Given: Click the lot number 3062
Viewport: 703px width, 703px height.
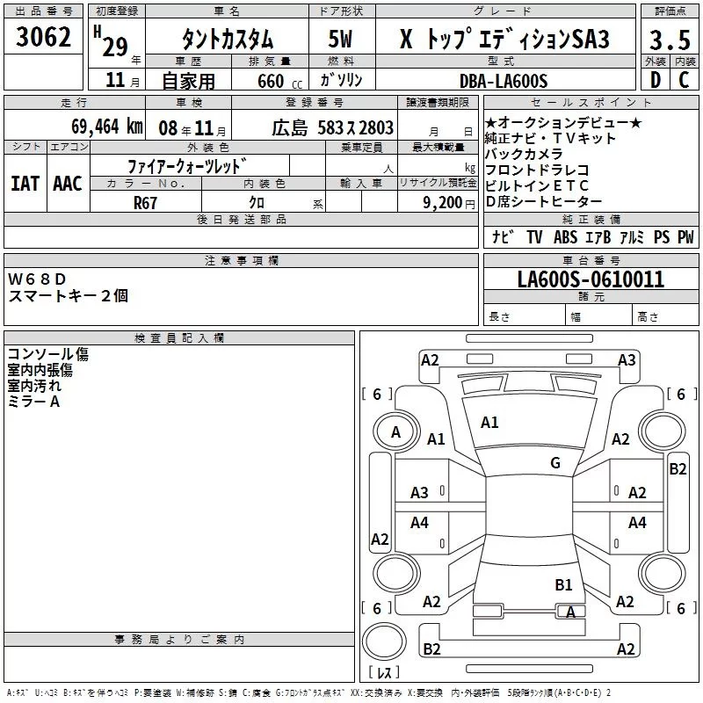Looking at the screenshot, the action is (x=44, y=38).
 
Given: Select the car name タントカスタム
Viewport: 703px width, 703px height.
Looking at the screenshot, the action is (x=227, y=40).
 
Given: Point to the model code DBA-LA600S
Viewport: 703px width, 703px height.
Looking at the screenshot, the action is (x=504, y=81).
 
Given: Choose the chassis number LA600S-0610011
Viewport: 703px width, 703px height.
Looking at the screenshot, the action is (x=591, y=280).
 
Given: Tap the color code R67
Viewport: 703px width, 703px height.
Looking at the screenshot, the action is (x=145, y=203).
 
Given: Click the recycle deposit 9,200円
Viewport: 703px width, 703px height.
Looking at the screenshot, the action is (x=448, y=203).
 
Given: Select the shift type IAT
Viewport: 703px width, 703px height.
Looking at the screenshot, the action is (x=25, y=184).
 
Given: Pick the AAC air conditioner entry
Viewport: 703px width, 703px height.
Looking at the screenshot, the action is (x=67, y=184).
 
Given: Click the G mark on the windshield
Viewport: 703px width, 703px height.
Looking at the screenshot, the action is (x=555, y=463).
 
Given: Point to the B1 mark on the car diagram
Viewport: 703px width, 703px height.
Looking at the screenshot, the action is (x=563, y=584).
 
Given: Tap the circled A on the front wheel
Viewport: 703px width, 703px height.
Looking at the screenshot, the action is (x=395, y=432).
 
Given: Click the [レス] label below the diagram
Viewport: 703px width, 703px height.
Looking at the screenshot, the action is (x=384, y=674).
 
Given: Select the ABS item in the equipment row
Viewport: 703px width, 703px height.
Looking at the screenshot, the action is (x=566, y=237).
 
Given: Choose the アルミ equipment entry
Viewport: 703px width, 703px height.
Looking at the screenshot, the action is (x=632, y=237).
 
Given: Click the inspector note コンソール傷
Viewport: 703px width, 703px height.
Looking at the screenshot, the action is (x=48, y=354).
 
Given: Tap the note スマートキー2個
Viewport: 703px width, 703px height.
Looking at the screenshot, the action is (x=68, y=296).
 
